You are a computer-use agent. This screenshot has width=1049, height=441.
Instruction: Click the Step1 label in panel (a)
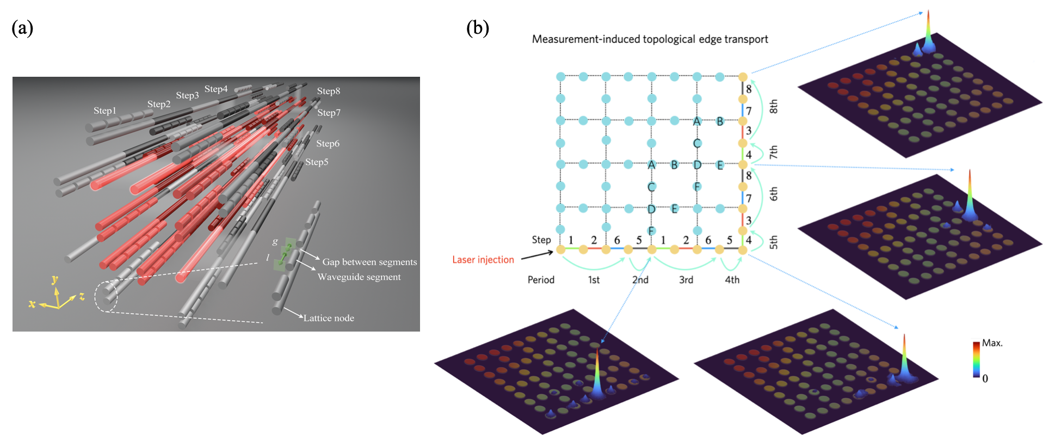pyautogui.click(x=104, y=111)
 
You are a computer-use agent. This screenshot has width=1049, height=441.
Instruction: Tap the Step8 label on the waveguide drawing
pyautogui.click(x=329, y=91)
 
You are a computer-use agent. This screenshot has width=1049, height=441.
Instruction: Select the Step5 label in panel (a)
pyautogui.click(x=317, y=162)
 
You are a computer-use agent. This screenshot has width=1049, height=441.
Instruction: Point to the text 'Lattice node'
pyautogui.click(x=329, y=318)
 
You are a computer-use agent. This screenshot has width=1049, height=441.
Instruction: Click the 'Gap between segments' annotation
pyautogui.click(x=369, y=262)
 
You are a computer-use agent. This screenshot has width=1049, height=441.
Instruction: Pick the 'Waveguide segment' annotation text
pyautogui.click(x=359, y=277)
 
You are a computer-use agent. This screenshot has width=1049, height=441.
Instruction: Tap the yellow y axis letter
pyautogui.click(x=54, y=280)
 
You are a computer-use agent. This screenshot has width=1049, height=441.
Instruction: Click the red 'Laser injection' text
pyautogui.click(x=483, y=260)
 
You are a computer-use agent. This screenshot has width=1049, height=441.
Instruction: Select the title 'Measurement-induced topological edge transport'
pyautogui.click(x=650, y=39)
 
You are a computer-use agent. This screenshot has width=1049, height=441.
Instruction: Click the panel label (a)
pyautogui.click(x=22, y=28)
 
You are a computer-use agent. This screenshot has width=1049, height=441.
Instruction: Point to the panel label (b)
pyautogui.click(x=478, y=28)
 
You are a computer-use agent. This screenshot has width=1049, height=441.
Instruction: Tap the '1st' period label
pyautogui.click(x=594, y=280)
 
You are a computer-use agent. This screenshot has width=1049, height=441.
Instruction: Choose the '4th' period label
pyautogui.click(x=732, y=280)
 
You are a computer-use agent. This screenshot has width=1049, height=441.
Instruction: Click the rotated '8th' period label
pyautogui.click(x=773, y=107)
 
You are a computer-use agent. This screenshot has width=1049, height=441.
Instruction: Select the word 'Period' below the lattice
pyautogui.click(x=541, y=280)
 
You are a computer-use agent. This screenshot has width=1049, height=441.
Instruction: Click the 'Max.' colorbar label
pyautogui.click(x=992, y=343)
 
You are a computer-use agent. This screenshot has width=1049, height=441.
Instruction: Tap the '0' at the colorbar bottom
pyautogui.click(x=985, y=378)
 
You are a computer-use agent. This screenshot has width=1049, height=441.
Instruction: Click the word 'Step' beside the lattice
pyautogui.click(x=541, y=240)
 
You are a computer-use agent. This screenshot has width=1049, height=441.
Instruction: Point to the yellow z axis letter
pyautogui.click(x=82, y=297)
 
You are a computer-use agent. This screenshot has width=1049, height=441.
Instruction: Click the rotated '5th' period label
pyautogui.click(x=773, y=242)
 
